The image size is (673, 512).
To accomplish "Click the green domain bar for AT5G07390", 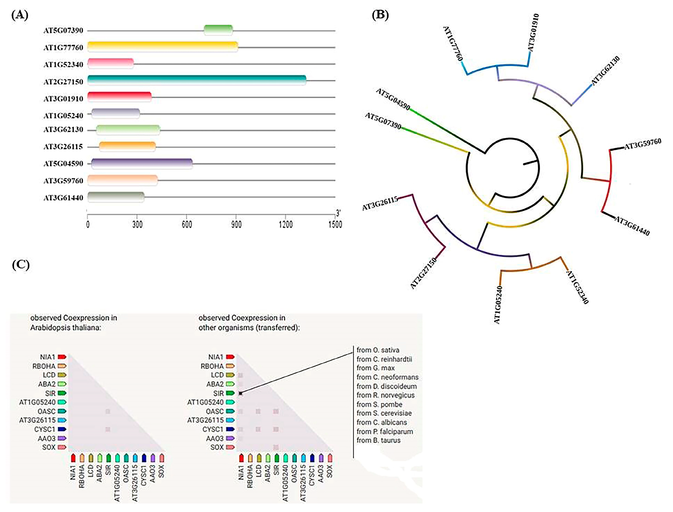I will pos(218,30).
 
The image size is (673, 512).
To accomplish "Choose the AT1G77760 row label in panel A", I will pos(63,48).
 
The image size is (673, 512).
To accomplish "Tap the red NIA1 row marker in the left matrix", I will pos(62,357).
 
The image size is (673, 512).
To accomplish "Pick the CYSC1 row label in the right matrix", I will pos(213,429).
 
